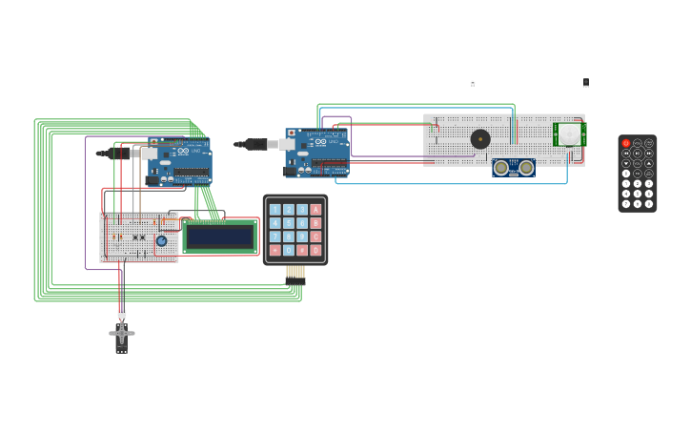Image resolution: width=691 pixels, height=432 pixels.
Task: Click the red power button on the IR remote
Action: tap(626, 143)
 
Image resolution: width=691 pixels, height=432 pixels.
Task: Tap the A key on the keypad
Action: tap(315, 210)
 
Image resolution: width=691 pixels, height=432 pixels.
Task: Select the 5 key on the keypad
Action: tap(289, 223)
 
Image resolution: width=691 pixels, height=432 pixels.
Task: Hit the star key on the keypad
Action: tap(275, 250)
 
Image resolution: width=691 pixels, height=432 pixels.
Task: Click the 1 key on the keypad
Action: tap(275, 210)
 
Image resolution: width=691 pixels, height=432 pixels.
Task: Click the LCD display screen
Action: tap(219, 237)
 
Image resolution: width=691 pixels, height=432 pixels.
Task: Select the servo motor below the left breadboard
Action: tap(121, 335)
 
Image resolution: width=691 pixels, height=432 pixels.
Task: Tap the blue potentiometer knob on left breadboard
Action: tap(161, 241)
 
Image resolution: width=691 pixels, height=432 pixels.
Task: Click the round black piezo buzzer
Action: tap(480, 139)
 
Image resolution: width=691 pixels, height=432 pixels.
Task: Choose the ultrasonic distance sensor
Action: tap(514, 168)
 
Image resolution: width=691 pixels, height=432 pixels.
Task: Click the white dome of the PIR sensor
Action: tap(569, 134)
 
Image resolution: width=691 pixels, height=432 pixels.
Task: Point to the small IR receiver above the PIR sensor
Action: tap(586, 83)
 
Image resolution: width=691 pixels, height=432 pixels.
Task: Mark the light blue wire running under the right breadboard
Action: tap(448, 183)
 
